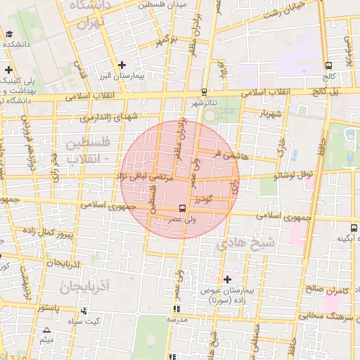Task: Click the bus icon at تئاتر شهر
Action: [204, 91]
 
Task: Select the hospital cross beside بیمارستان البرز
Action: [122, 65]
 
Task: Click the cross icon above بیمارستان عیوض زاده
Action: [227, 280]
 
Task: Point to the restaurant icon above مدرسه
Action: [176, 309]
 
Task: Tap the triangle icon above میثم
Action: [47, 330]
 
